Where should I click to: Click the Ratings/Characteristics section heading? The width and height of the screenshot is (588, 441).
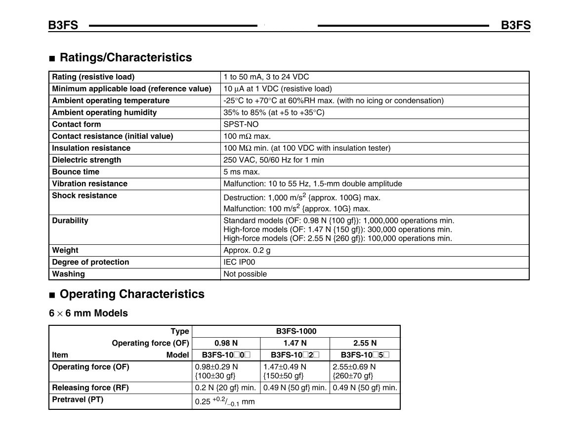coord(126,57)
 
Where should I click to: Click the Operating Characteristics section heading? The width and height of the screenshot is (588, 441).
coord(132,294)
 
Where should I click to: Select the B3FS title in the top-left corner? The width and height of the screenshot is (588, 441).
coord(63,25)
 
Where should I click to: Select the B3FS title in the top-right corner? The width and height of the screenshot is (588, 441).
coord(515,25)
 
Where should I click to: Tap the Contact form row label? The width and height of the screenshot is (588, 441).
coord(76,125)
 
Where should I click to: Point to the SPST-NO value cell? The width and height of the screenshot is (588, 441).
coord(241,125)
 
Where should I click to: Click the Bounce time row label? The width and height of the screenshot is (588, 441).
coord(76,172)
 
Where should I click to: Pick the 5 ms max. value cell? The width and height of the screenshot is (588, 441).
coord(242,172)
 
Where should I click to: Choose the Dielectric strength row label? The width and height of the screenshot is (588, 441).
coord(86,160)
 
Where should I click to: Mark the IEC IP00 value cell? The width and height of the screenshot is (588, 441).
coord(240,263)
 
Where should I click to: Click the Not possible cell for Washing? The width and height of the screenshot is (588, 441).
coord(245,274)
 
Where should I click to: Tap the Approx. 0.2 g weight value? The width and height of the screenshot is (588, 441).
coord(247,251)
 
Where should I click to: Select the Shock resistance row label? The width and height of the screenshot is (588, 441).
coord(84,196)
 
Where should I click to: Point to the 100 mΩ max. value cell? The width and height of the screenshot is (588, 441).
coord(247,136)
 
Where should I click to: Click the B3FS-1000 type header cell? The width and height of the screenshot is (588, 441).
coord(296,331)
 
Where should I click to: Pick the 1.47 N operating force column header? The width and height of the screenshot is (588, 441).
coord(295,343)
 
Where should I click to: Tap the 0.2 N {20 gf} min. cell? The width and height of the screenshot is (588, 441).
coord(226,388)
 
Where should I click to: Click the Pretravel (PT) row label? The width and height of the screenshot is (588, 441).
coord(78,400)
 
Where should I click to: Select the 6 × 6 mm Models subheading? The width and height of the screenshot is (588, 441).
coord(88,313)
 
